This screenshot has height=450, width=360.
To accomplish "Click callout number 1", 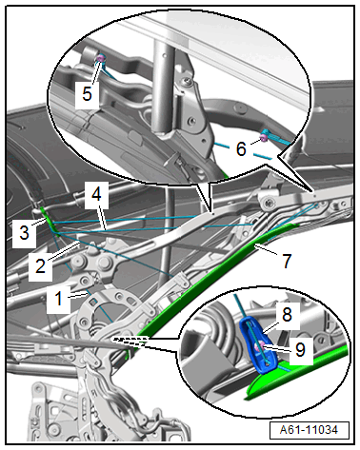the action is click(58, 299).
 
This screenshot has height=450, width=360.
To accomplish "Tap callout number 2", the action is click(40, 265).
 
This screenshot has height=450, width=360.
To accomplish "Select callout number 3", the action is click(24, 232).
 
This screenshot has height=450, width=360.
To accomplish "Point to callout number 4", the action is click(96, 194).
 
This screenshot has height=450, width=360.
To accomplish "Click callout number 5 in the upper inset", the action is click(87, 94).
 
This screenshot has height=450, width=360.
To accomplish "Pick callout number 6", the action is click(241, 148).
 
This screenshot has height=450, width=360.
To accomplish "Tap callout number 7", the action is click(287, 261).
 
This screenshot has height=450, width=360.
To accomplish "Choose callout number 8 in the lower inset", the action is click(287, 315).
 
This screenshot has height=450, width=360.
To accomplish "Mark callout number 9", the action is click(300, 349).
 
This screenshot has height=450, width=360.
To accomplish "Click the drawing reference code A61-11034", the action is click(309, 430).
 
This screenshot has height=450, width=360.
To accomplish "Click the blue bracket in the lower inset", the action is click(258, 343).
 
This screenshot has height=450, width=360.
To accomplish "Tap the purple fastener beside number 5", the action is click(100, 58).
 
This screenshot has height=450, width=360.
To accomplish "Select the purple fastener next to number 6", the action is click(263, 137).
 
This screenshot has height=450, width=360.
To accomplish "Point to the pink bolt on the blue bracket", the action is click(262, 344).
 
